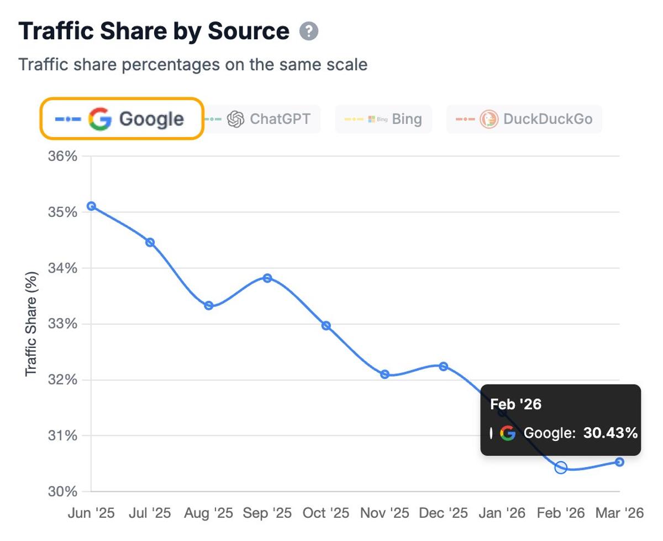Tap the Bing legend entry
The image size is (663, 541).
(383, 119)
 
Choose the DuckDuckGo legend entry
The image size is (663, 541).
(524, 119)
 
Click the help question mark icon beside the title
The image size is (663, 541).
(309, 32)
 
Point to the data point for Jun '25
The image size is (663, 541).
(92, 206)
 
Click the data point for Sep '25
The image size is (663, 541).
(267, 278)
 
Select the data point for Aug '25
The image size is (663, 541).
(209, 305)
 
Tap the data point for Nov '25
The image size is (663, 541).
(385, 374)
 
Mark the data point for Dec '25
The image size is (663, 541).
(443, 366)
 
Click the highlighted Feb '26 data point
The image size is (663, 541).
(561, 468)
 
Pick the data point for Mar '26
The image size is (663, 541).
(619, 462)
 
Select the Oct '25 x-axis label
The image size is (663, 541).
(326, 513)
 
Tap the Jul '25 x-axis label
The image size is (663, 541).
(150, 513)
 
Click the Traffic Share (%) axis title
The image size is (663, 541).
(31, 324)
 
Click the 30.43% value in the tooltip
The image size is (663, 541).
(611, 433)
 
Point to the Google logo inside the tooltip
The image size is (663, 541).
(508, 433)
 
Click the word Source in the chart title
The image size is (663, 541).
(248, 32)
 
